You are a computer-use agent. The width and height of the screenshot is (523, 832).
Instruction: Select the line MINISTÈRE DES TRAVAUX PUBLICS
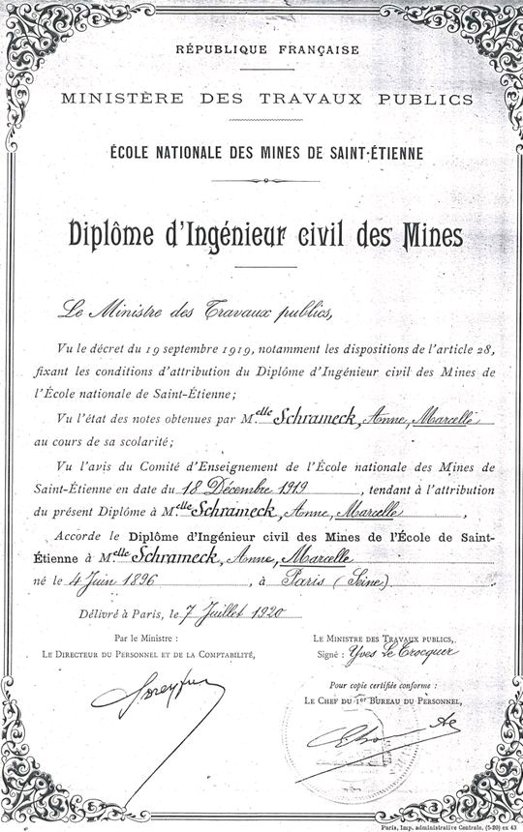(x=264, y=98)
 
